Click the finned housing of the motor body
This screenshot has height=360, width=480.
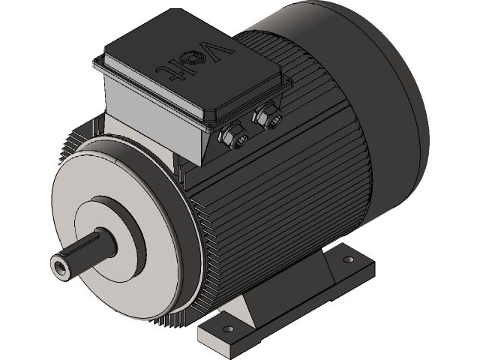[x=300, y=187]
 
